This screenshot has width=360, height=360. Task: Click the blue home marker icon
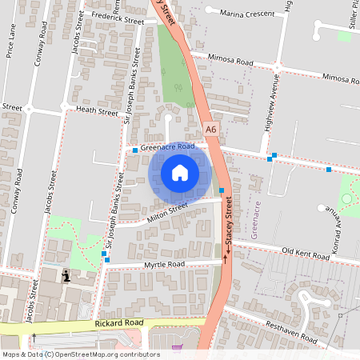[x=180, y=173]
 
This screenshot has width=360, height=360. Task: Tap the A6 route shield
[x=210, y=128]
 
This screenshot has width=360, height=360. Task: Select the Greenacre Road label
[x=167, y=147]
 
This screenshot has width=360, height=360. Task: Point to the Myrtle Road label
[x=164, y=264]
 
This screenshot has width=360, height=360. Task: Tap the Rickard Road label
[x=118, y=322]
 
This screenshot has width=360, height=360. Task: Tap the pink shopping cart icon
[x=177, y=348]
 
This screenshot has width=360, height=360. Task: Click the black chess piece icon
[x=66, y=276]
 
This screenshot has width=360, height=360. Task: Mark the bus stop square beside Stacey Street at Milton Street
[x=222, y=190]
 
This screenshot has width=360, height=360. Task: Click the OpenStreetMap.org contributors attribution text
[x=108, y=354]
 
